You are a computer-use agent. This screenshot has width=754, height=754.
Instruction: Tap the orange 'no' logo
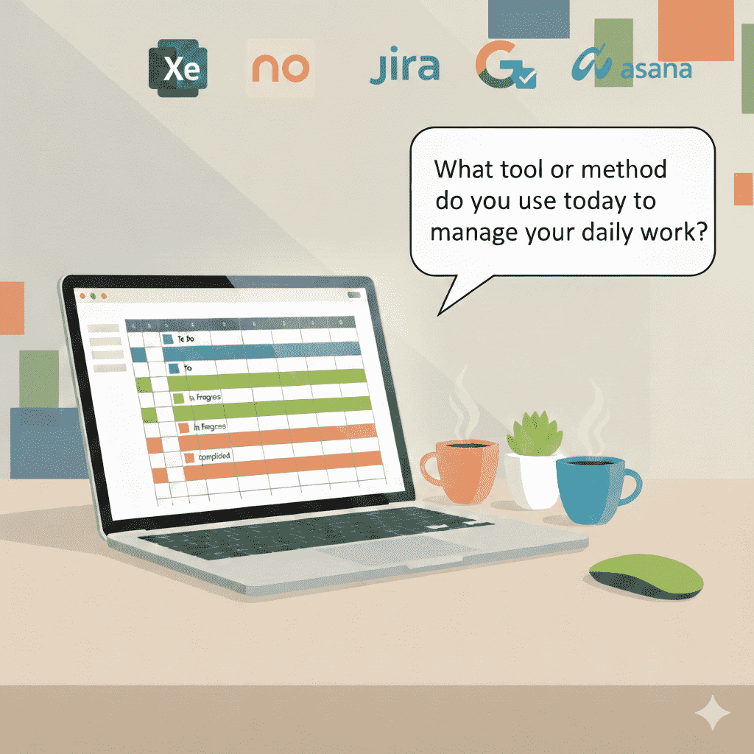[x=280, y=68]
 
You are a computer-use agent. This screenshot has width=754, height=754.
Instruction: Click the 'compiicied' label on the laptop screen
[x=214, y=457]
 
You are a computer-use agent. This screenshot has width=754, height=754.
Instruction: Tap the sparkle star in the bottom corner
[x=713, y=714]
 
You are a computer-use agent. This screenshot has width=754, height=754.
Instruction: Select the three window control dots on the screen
[x=93, y=295]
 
